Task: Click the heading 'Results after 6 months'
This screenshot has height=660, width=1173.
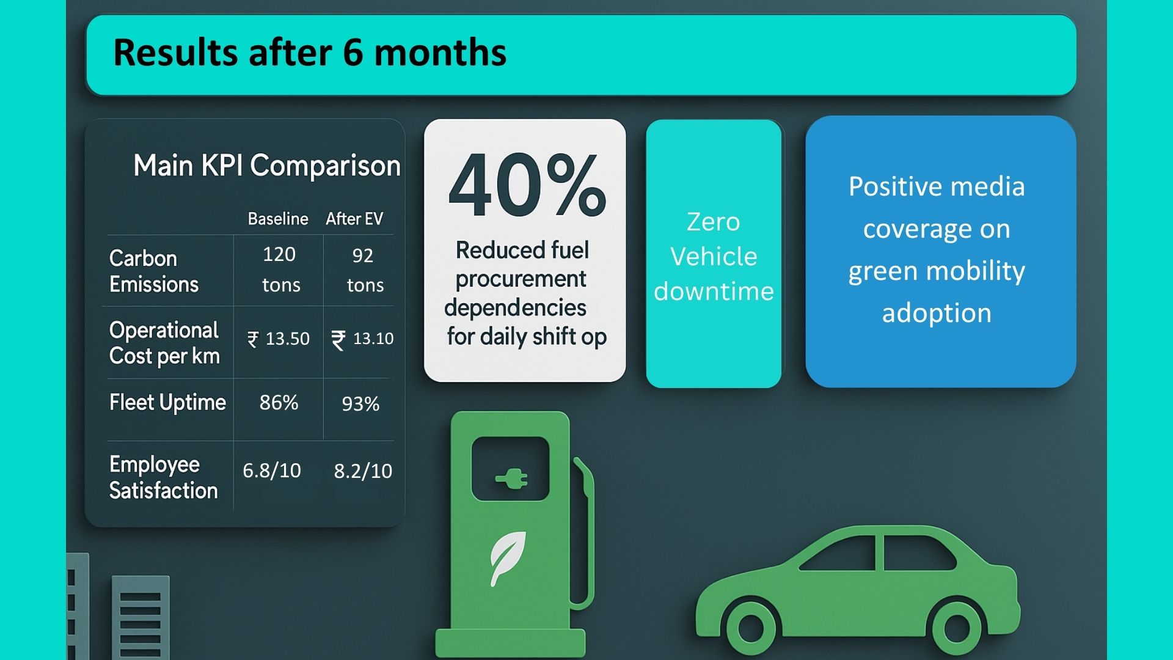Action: click(x=310, y=53)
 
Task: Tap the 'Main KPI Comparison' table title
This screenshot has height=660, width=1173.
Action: click(x=267, y=166)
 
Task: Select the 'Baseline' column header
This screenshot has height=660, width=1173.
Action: click(x=278, y=219)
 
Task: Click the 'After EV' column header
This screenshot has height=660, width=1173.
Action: click(x=354, y=219)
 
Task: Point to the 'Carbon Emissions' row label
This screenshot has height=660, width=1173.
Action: click(x=154, y=271)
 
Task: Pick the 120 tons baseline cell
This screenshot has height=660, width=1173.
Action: click(x=280, y=269)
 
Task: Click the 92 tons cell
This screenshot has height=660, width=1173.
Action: click(x=365, y=270)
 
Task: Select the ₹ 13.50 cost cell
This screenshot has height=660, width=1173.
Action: click(x=279, y=339)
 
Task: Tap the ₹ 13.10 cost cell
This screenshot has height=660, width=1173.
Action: click(x=363, y=339)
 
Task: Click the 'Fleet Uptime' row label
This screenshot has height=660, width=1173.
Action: click(x=167, y=403)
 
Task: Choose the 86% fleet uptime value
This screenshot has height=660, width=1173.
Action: click(x=279, y=403)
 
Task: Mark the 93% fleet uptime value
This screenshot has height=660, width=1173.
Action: click(x=360, y=404)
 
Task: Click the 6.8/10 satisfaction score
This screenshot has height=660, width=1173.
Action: click(x=272, y=471)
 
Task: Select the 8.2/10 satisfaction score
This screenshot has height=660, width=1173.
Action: click(x=363, y=471)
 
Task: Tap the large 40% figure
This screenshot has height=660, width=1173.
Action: click(x=527, y=185)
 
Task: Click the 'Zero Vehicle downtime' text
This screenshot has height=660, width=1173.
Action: click(x=714, y=257)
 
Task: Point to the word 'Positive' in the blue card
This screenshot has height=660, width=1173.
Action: click(x=896, y=187)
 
